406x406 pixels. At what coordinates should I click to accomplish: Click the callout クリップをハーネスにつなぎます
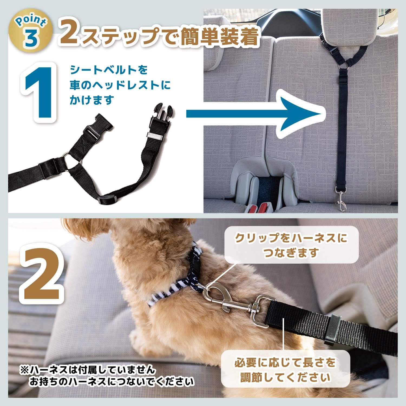tap(291, 245)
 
